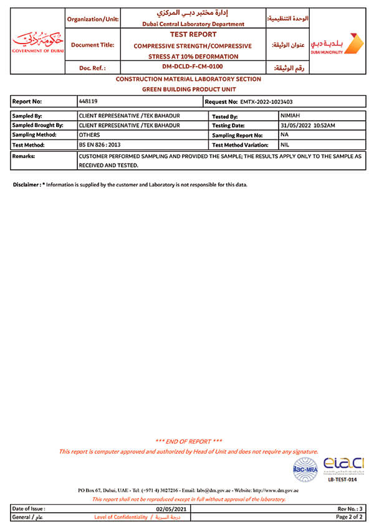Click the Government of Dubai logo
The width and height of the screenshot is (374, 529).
[37, 42]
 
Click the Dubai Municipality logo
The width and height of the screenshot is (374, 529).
[337, 44]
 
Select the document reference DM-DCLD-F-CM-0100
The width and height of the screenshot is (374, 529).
[193, 67]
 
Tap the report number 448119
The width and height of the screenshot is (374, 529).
[89, 100]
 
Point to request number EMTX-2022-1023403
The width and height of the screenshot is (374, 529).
[266, 101]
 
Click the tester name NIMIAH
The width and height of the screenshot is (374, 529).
[290, 116]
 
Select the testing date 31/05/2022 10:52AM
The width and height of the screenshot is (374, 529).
[308, 125]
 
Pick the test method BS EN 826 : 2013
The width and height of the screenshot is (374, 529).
[100, 144]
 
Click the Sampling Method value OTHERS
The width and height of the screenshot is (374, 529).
[90, 134]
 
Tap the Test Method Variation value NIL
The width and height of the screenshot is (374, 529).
[285, 144]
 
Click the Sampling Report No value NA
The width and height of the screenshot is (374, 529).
[285, 134]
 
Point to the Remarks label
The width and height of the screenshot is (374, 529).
[24, 156]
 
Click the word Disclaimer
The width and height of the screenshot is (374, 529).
[26, 185]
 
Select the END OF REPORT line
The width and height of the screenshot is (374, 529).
[189, 441]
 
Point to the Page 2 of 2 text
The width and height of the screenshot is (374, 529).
[350, 517]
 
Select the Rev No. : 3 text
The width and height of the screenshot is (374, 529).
[350, 508]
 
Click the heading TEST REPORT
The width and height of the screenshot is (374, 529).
[192, 35]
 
